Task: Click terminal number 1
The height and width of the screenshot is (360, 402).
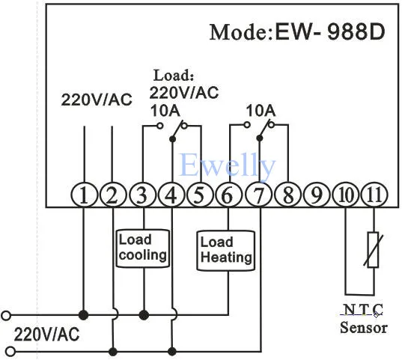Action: (84, 195)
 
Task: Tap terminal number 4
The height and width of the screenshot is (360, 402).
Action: (171, 195)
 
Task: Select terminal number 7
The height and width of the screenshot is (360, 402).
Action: (258, 195)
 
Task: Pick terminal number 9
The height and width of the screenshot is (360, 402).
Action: (317, 195)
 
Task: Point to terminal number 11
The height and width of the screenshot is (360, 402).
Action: (374, 195)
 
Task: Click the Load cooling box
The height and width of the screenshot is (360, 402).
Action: (143, 248)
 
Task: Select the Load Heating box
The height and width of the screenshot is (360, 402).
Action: (226, 251)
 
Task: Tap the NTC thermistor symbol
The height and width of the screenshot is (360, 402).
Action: (374, 250)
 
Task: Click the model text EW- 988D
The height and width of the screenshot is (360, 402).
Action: (330, 32)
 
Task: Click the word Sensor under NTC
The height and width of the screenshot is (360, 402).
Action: (364, 328)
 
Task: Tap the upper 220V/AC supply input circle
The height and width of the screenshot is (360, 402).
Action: (6, 315)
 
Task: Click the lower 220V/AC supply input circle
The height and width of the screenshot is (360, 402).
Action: (10, 351)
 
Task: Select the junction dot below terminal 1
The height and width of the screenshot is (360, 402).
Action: (83, 315)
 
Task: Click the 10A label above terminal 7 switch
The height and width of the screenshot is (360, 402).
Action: (261, 111)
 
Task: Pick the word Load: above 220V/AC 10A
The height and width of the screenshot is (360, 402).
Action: (174, 76)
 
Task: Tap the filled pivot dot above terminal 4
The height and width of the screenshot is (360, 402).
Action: (172, 139)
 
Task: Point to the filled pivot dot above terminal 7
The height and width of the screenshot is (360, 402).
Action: (260, 138)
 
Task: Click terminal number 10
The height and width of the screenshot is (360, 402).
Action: (346, 195)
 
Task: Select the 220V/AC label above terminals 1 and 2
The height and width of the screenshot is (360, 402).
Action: (97, 100)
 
